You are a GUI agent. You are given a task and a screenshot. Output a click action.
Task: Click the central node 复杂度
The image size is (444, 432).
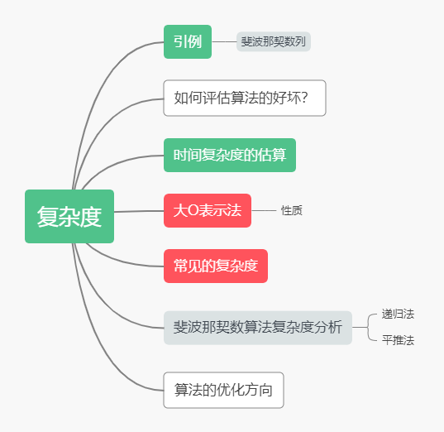[x=69, y=216]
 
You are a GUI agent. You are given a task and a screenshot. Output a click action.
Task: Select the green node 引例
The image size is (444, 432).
[x=188, y=41]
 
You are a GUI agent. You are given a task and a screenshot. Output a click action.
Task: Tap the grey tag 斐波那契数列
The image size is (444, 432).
[x=274, y=41]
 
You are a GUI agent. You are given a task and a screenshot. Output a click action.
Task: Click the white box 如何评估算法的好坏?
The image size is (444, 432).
[x=245, y=98]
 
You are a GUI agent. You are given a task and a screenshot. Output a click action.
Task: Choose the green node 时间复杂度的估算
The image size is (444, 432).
[x=230, y=155]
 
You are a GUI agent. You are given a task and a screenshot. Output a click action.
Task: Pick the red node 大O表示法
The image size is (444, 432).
[x=208, y=210]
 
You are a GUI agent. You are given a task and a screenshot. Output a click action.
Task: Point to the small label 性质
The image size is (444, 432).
[x=292, y=210]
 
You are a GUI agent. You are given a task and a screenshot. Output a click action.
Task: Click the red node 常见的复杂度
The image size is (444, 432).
[x=216, y=266]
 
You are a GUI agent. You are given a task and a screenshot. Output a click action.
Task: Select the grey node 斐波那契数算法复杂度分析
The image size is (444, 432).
[x=258, y=328]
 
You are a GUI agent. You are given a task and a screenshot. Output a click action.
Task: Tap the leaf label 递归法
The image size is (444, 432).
[x=398, y=314]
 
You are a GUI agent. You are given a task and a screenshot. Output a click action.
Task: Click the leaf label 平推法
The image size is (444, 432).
[x=398, y=340]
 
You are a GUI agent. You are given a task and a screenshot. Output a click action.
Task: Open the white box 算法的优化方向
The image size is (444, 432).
[x=223, y=390]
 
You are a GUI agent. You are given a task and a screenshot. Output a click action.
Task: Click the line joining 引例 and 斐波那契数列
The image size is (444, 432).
[x=224, y=41]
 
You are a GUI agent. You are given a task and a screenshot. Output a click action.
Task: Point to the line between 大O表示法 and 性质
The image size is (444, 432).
[x=264, y=210]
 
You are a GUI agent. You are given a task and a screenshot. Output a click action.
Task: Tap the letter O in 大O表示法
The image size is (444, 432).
[x=193, y=210]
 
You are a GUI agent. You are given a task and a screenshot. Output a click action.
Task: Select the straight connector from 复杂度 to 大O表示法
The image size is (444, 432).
[x=139, y=211]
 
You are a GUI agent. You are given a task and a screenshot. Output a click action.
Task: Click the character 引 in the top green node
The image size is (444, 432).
[x=180, y=41]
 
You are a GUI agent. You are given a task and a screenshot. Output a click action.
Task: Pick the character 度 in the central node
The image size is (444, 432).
[x=91, y=217]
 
